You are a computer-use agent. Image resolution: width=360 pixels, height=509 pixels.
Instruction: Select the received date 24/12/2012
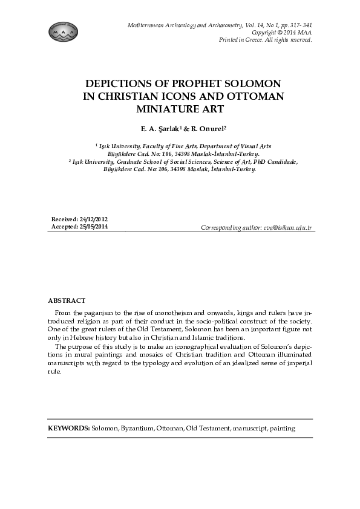(91, 219)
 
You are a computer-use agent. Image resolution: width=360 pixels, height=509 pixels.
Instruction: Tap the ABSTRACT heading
(67, 300)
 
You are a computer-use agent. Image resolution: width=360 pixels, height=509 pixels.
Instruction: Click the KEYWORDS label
(69, 428)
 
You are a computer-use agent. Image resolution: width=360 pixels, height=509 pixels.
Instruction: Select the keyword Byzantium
(136, 428)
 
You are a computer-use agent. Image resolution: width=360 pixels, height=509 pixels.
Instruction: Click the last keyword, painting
(283, 428)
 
